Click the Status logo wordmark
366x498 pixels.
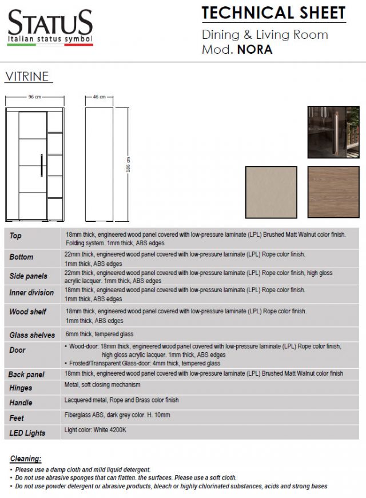(x=50, y=23)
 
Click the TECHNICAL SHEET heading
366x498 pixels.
(x=273, y=12)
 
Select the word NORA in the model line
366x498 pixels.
(x=255, y=49)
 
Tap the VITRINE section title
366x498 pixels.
(x=26, y=76)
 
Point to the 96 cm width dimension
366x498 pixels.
(x=35, y=97)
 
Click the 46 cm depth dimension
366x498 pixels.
(x=99, y=97)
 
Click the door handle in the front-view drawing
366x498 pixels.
(x=41, y=165)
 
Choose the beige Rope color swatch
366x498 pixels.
(x=271, y=192)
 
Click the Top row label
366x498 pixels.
(x=15, y=236)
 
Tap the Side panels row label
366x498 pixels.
(x=28, y=276)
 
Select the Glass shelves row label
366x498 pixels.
(x=32, y=335)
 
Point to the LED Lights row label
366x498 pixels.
(x=27, y=433)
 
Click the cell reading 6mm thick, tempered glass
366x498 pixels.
(x=100, y=334)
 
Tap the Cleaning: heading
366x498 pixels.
(x=26, y=459)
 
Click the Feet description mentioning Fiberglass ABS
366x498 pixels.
(x=117, y=415)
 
